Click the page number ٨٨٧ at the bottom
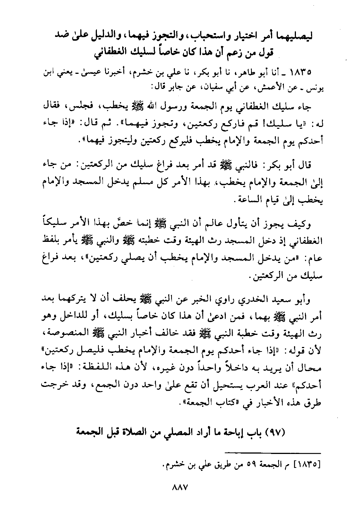pos(180,487)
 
